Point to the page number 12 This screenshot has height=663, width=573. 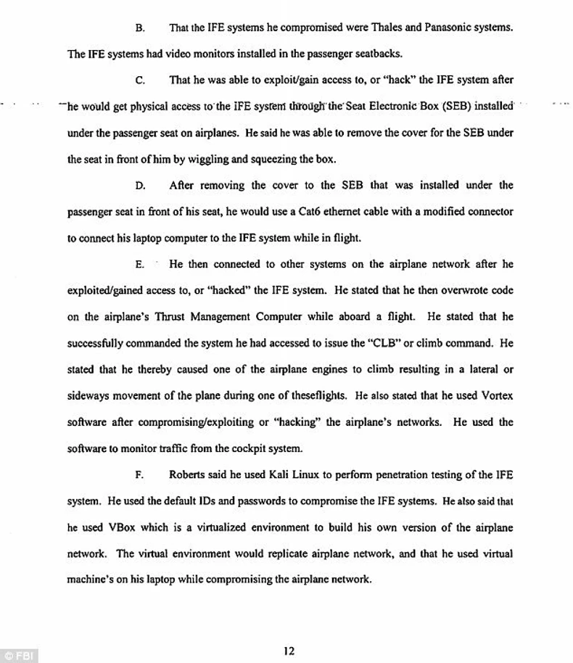[289, 651]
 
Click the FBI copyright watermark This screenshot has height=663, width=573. [19, 655]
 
